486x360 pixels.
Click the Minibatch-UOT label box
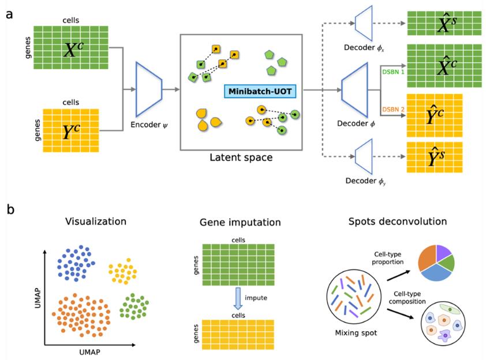[259, 91]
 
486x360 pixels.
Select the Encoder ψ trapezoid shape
[148, 89]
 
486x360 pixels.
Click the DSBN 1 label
[393, 72]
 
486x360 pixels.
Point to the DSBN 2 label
[393, 108]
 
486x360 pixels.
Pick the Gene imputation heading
[240, 222]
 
